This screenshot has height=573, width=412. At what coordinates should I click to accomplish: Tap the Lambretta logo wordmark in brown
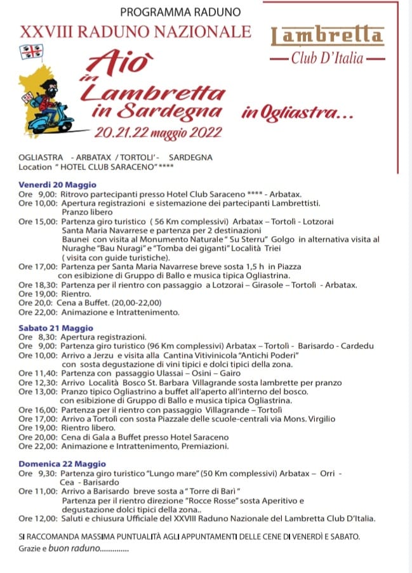click(327, 36)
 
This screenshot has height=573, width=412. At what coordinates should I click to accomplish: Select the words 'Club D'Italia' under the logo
click(327, 59)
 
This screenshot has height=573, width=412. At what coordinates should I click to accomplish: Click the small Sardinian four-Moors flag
click(27, 51)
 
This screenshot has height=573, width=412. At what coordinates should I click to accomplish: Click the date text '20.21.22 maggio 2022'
click(157, 133)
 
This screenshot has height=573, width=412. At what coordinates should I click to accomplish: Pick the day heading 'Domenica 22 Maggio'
click(62, 464)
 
